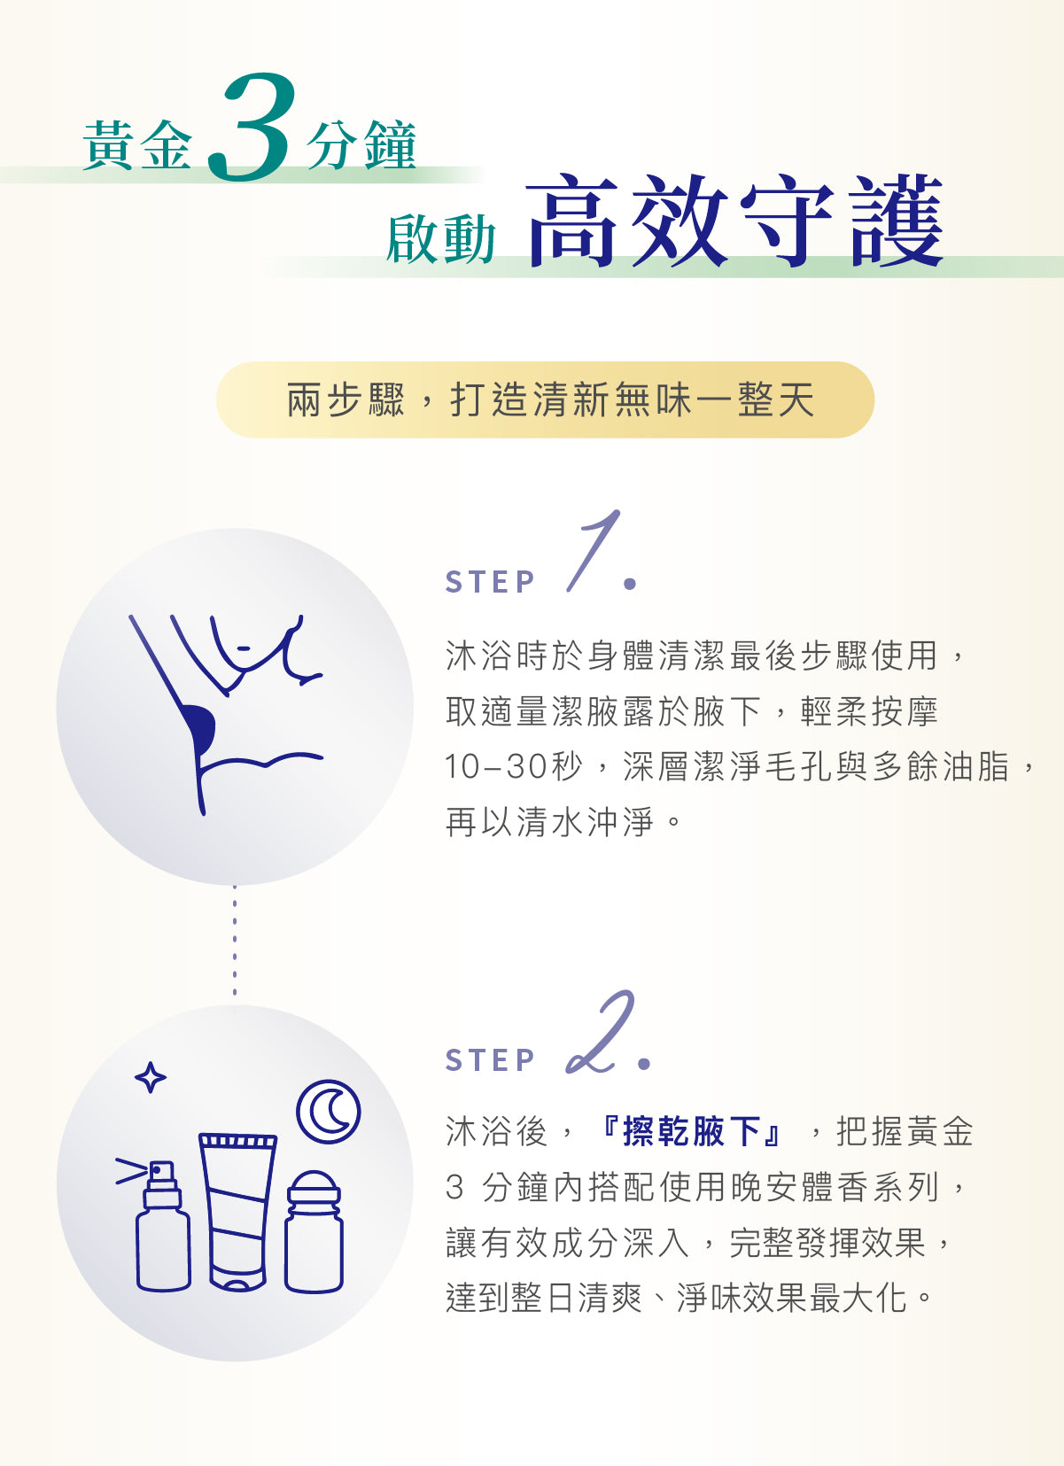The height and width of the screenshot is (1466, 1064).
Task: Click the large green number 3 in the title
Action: point(250,127)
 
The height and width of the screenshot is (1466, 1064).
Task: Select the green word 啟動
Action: point(440,239)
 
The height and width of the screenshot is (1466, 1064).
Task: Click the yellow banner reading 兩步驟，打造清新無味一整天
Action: point(545,399)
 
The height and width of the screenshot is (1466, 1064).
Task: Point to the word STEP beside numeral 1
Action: point(490,582)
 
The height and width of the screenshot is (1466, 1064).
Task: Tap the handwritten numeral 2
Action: point(600,1033)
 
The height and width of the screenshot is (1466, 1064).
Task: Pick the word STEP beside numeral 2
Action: point(490,1059)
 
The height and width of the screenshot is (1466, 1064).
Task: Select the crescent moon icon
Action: point(329,1112)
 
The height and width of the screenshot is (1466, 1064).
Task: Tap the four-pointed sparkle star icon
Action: point(150,1076)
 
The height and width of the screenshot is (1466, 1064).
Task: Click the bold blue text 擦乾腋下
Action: point(692,1131)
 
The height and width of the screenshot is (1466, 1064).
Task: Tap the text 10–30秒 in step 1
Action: point(513,766)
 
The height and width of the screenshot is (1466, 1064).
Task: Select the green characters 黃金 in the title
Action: point(137,145)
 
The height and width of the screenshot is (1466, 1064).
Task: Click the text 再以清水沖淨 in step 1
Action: point(549,822)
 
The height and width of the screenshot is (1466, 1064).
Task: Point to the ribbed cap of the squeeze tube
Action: point(238,1141)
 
